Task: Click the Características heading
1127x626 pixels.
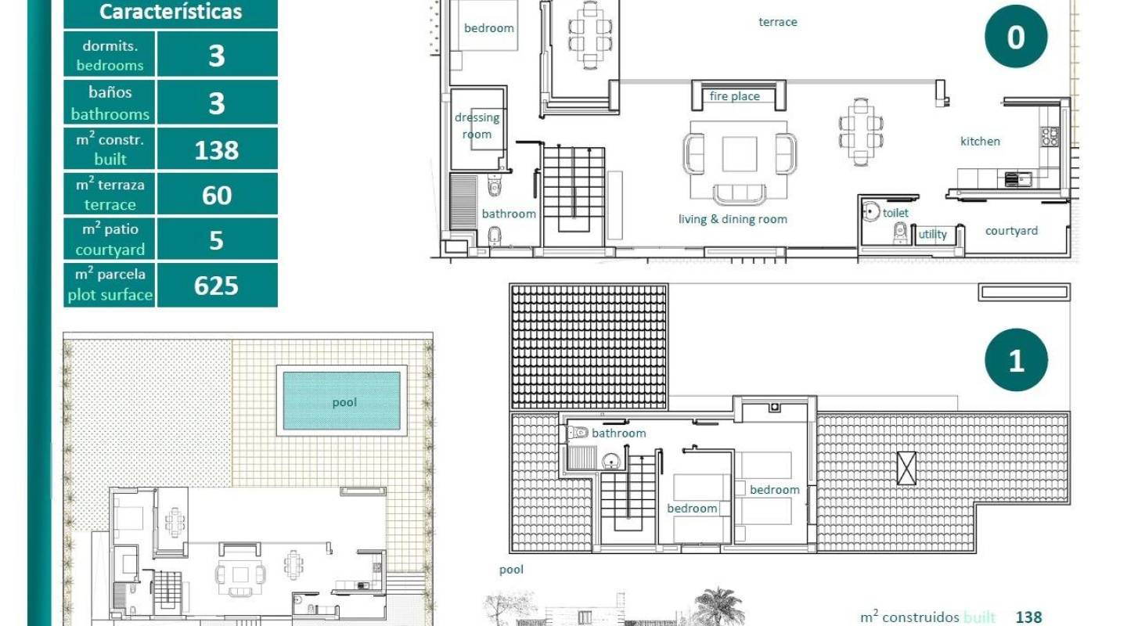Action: [x=171, y=12]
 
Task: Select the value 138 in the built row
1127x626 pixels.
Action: [x=217, y=149]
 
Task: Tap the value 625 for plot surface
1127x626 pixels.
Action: [x=217, y=286]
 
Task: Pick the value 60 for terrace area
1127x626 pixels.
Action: [x=217, y=195]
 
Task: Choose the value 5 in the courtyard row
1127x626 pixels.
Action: [x=217, y=240]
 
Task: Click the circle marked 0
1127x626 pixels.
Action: [x=1016, y=37]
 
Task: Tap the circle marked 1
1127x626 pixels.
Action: [x=1016, y=360]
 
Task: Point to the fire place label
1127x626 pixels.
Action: [x=734, y=96]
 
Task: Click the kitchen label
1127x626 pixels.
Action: [x=980, y=142]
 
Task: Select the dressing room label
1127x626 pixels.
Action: [x=477, y=126]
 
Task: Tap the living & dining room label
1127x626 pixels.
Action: [x=733, y=219]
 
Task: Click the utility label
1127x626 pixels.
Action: [x=933, y=234]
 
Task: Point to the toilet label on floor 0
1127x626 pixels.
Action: [x=895, y=213]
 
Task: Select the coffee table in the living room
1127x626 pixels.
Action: [x=739, y=153]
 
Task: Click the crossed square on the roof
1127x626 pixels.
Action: [x=906, y=468]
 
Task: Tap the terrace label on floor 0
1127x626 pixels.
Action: [x=778, y=22]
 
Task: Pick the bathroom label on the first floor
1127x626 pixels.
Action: [x=618, y=433]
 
